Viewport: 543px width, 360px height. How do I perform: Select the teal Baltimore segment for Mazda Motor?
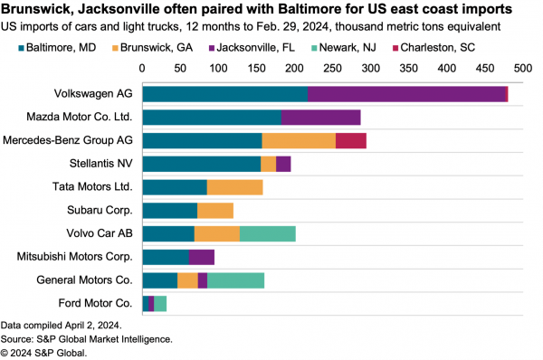[212, 117]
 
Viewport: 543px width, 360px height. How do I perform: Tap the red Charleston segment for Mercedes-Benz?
[351, 140]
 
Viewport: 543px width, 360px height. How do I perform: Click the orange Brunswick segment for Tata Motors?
[234, 187]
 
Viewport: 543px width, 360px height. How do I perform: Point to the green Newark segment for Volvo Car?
[268, 233]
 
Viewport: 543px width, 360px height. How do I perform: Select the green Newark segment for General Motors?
[235, 280]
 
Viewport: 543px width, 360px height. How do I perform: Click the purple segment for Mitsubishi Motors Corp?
[202, 257]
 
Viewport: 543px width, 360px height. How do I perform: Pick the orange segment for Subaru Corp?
[215, 211]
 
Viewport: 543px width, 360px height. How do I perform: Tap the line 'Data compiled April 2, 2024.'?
[61, 324]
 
